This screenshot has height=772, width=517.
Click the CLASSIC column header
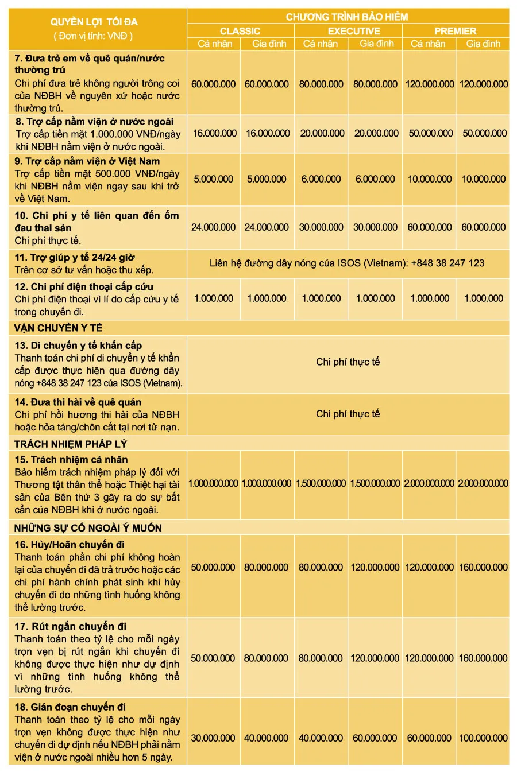click(240, 31)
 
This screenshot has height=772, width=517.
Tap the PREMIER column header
click(456, 31)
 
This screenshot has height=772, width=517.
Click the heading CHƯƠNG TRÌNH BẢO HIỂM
click(347, 17)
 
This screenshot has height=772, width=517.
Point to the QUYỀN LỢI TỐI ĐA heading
click(94, 22)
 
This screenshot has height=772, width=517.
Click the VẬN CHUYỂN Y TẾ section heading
click(58, 328)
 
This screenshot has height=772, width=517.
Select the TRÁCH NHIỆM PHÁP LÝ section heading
click(71, 444)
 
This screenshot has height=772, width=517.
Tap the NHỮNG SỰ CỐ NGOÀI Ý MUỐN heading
click(88, 527)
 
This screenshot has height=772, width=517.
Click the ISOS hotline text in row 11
click(347, 263)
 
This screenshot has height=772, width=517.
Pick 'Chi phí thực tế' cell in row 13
click(348, 362)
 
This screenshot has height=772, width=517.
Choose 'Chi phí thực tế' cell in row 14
click(348, 413)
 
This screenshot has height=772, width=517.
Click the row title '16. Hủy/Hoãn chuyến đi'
click(70, 544)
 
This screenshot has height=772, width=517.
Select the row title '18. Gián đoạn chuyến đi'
click(70, 707)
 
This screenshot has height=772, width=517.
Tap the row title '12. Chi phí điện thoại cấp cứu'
click(84, 286)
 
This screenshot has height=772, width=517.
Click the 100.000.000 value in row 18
click(483, 738)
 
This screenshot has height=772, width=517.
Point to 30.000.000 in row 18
click(213, 738)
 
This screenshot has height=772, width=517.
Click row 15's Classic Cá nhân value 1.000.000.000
click(213, 483)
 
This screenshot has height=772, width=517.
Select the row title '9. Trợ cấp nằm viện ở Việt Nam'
click(87, 161)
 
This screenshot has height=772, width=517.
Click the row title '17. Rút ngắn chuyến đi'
click(71, 626)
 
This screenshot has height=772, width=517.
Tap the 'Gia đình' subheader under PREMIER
click(483, 44)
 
